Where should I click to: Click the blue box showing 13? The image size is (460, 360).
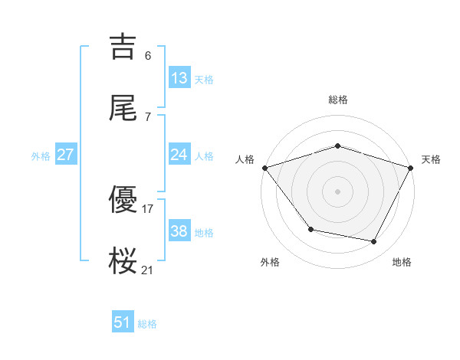click(x=179, y=78)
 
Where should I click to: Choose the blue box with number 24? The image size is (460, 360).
click(x=179, y=155)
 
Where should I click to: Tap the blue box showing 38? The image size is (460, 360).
click(x=179, y=231)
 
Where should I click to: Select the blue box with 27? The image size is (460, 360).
click(x=66, y=155)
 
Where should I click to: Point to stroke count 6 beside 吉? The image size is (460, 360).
click(x=148, y=55)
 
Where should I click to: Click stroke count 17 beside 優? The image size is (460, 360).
click(x=148, y=208)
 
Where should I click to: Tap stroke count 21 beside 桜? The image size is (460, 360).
click(x=148, y=270)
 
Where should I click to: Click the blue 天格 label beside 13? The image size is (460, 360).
click(x=204, y=80)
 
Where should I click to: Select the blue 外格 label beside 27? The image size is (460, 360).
click(x=41, y=156)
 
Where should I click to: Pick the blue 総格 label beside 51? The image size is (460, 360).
click(x=147, y=324)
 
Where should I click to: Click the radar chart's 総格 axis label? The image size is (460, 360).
click(x=337, y=100)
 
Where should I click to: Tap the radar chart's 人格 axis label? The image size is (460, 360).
click(x=245, y=159)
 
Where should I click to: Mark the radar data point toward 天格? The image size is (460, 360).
click(x=411, y=167)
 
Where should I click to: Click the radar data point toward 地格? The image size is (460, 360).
click(x=374, y=242)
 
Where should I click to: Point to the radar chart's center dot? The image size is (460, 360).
click(x=337, y=191)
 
